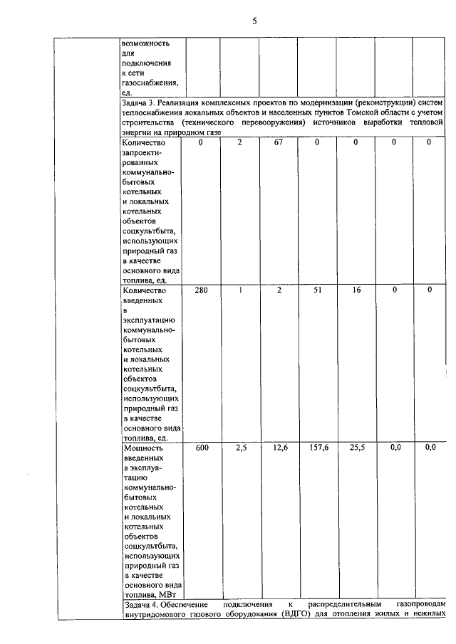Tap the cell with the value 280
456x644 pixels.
201,290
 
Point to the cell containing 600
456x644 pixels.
201,448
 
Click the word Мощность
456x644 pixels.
143,448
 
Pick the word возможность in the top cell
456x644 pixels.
147,43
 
